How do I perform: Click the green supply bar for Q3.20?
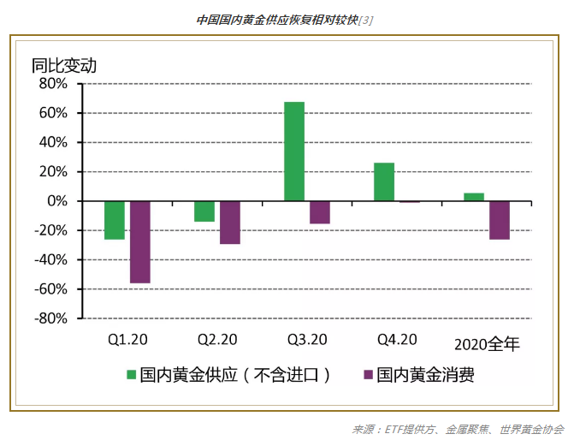294,152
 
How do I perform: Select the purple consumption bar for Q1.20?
140,242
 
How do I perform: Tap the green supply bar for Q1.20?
115,220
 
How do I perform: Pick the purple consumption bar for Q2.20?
229,223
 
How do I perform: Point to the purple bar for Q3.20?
320,212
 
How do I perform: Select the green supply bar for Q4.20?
384,181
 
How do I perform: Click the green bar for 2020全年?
474,197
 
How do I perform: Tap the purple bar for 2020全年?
500,220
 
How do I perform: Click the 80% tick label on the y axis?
52,84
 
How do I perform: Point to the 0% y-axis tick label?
56,201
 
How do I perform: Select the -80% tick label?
50,318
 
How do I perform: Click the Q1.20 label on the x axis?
127,340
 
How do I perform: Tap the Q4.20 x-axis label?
397,340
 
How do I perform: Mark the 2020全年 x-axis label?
487,344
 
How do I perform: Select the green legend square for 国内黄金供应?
132,375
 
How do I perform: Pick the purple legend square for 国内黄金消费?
368,375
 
